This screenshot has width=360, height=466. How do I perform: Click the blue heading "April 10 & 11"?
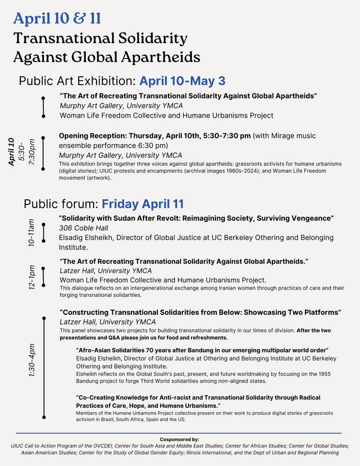click(x=58, y=17)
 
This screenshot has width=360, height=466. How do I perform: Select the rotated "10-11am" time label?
click(x=31, y=233)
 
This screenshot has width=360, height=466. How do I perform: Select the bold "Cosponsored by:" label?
click(x=179, y=439)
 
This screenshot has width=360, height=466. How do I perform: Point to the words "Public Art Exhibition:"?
click(x=78, y=81)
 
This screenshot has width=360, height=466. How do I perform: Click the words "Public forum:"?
click(x=61, y=203)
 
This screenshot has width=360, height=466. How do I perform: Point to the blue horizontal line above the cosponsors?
click(x=179, y=432)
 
